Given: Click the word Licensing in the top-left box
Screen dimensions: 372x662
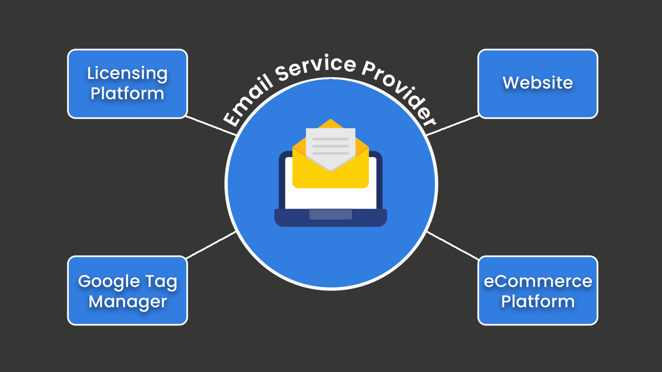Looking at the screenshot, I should pos(127,74).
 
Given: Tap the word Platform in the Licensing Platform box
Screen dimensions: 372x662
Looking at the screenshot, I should pos(127,93).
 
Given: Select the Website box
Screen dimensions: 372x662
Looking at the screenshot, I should pos(538,83).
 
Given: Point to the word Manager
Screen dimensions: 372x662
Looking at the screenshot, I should pos(128,301).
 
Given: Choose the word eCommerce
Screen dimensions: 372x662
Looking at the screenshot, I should pos(538,281).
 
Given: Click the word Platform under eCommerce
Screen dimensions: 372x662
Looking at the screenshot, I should pos(538,301).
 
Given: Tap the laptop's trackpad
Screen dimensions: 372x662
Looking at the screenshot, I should pos(331,214).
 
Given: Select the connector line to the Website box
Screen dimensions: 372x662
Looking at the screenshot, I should pos(452,125).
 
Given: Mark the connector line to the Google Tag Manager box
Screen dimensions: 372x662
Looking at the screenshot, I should pos(211,245).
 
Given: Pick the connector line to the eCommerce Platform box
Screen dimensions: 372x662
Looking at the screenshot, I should pos(452,244).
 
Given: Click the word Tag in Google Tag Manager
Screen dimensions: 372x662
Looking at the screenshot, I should pos(160,282).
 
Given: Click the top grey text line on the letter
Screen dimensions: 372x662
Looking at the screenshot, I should pos(331,139).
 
